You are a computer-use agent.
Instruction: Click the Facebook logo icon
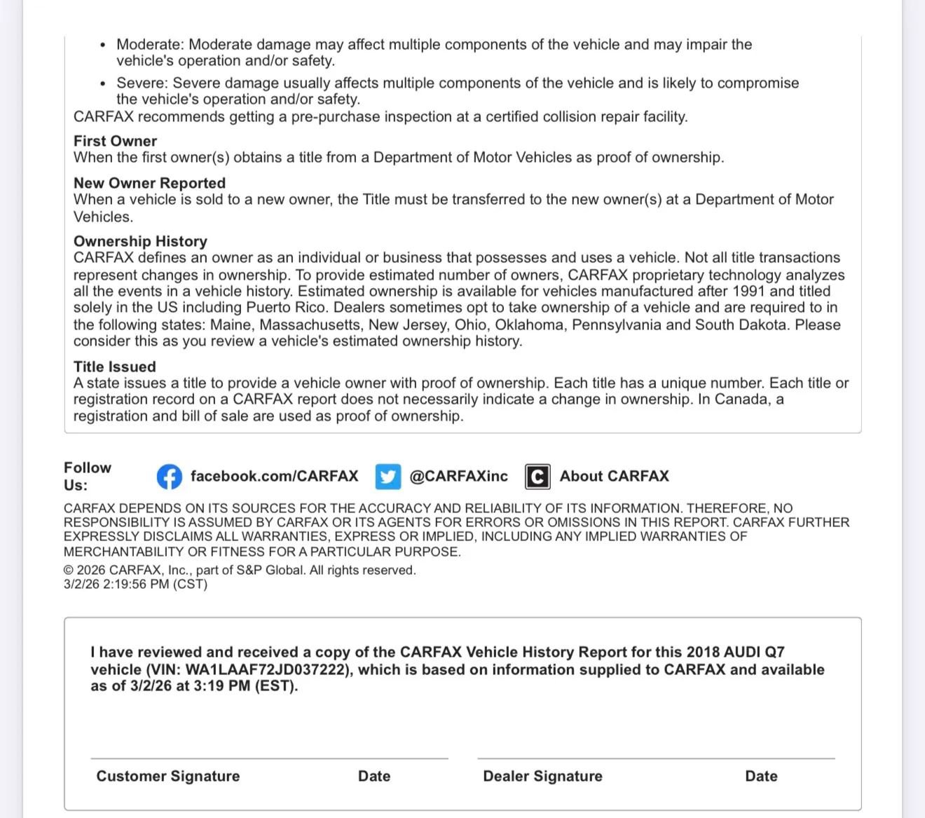(x=169, y=477)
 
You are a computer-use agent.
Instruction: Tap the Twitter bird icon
(x=388, y=477)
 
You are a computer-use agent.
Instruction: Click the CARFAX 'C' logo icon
(x=537, y=477)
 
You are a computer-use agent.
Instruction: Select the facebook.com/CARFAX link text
(x=274, y=477)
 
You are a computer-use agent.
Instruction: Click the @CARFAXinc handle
(x=458, y=477)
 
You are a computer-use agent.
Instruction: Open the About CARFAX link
(x=614, y=477)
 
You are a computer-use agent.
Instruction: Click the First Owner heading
(x=115, y=141)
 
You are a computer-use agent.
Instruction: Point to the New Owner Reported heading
(x=149, y=183)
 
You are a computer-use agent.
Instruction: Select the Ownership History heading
(x=140, y=241)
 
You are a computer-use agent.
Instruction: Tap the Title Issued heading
(x=115, y=367)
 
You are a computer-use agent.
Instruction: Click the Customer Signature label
(x=168, y=776)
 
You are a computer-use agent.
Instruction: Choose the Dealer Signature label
(x=542, y=776)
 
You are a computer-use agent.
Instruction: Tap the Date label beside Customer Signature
(x=374, y=776)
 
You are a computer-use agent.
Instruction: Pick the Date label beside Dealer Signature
(x=761, y=776)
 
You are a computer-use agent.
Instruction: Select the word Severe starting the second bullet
(x=142, y=83)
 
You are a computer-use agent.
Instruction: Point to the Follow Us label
(x=87, y=477)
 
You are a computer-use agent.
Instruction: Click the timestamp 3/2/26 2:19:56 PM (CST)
(x=135, y=585)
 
